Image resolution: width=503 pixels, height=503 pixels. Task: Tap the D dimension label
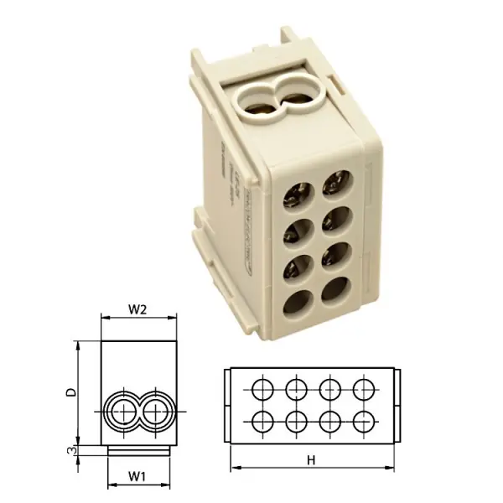[72, 392]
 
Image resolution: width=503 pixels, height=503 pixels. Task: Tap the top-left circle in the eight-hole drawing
[262, 388]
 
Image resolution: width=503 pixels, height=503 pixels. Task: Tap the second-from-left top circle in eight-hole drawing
[296, 388]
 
